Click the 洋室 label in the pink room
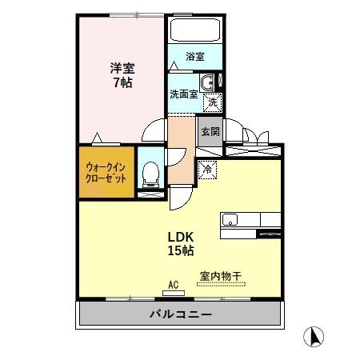pyautogui.click(x=122, y=68)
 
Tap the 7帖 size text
pyautogui.click(x=122, y=82)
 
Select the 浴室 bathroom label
pyautogui.click(x=195, y=57)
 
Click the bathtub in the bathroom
pyautogui.click(x=195, y=32)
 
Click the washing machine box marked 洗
pyautogui.click(x=212, y=102)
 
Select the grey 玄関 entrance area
pyautogui.click(x=210, y=132)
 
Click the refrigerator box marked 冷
pyautogui.click(x=207, y=169)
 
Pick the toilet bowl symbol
pyautogui.click(x=149, y=172)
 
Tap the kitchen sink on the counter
pyautogui.click(x=227, y=218)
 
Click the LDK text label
pyautogui.click(x=180, y=237)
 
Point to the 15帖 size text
pyautogui.click(x=180, y=251)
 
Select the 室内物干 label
pyautogui.click(x=220, y=275)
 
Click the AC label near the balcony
pyautogui.click(x=173, y=283)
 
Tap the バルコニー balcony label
pyautogui.click(x=181, y=314)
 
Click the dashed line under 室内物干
pyautogui.click(x=220, y=284)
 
